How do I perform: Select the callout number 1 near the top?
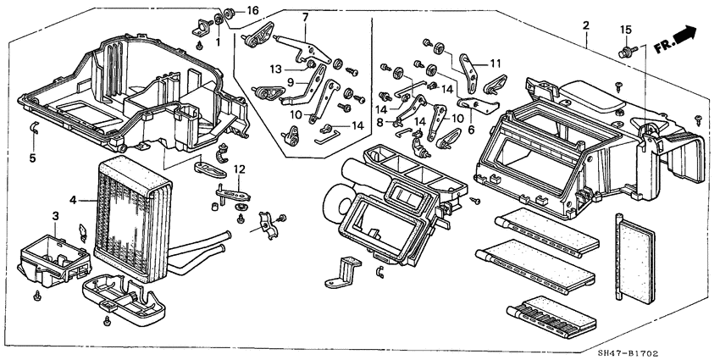point(218,42)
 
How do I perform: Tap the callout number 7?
point(306,17)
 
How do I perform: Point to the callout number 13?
point(276,68)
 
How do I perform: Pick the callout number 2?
point(585,24)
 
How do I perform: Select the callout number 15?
point(626,30)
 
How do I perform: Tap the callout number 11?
point(495,63)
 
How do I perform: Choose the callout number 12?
point(240,169)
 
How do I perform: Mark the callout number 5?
point(33,157)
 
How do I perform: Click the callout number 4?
point(74,201)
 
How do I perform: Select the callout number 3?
point(55,217)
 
